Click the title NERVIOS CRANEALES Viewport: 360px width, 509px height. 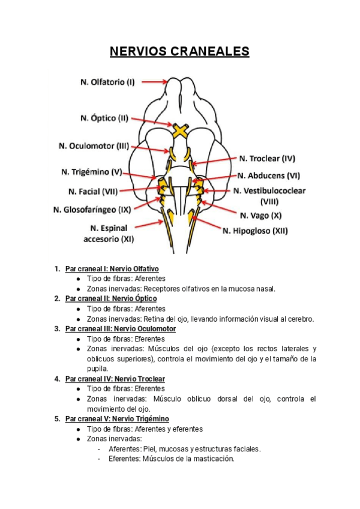coord(179,52)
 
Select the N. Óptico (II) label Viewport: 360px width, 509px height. coord(104,118)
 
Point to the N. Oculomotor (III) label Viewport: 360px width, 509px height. coord(94,146)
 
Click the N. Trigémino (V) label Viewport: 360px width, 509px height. coord(92,172)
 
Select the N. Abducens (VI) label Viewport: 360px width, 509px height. coord(268,176)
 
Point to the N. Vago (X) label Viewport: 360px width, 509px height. coord(260,214)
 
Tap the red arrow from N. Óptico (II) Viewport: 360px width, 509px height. coord(151,121)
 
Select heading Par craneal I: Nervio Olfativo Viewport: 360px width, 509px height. coord(112,269)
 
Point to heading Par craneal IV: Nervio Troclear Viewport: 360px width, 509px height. coord(115,379)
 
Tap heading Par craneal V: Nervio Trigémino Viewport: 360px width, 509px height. coord(117,419)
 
